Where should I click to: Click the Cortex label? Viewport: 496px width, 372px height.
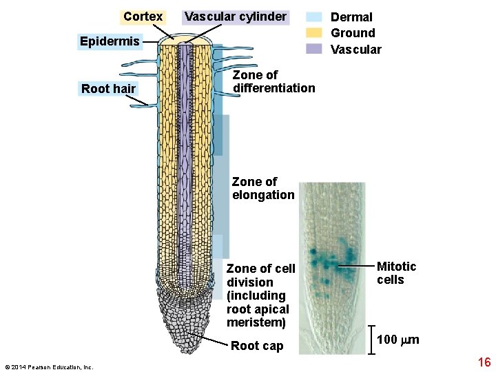point(143,17)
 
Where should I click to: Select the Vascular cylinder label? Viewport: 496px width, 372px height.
point(236,17)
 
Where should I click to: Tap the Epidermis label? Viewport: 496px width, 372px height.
point(110,41)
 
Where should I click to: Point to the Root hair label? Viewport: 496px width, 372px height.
point(109,88)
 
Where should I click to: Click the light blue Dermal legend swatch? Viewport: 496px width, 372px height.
point(314,17)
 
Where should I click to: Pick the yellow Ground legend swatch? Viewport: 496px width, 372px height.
point(314,32)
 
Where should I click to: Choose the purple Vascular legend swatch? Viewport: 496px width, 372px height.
point(314,49)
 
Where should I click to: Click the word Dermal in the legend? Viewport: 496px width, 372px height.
point(351,17)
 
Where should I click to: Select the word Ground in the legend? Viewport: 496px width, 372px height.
point(353,33)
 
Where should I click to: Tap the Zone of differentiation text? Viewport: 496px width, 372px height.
point(273,81)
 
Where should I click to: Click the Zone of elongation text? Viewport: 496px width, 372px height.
point(263,188)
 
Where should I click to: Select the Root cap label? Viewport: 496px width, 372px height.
point(257,346)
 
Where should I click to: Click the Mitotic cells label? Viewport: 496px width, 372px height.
point(396,273)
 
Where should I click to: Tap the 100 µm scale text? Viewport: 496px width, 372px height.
point(398,340)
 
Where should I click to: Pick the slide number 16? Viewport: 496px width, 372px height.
point(484,362)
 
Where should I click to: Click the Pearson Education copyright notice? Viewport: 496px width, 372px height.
point(48,367)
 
